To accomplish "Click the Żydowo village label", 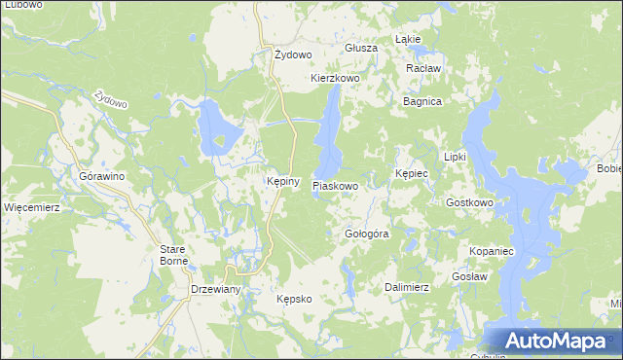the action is (292, 54).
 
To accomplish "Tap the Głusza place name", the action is (360, 48).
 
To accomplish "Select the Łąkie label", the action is (408, 40).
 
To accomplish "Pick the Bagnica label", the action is (422, 101).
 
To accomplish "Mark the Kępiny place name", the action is (282, 181).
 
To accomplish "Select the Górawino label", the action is (101, 176).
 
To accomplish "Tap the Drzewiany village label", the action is (215, 291).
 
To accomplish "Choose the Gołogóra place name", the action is (367, 234).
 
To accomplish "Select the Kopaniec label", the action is (491, 251).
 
